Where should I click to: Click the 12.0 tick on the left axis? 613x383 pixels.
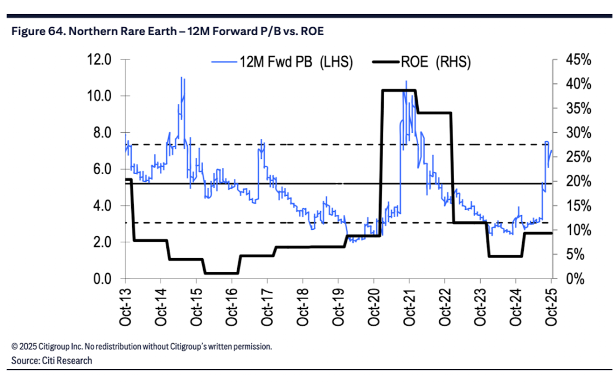tap(102, 60)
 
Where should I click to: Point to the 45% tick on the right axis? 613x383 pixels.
tap(576, 60)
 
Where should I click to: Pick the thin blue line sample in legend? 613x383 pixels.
tap(224, 62)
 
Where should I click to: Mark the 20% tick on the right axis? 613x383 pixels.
tap(576, 182)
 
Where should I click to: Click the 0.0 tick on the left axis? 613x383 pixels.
tap(102, 279)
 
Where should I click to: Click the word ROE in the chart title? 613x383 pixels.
tap(312, 32)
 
